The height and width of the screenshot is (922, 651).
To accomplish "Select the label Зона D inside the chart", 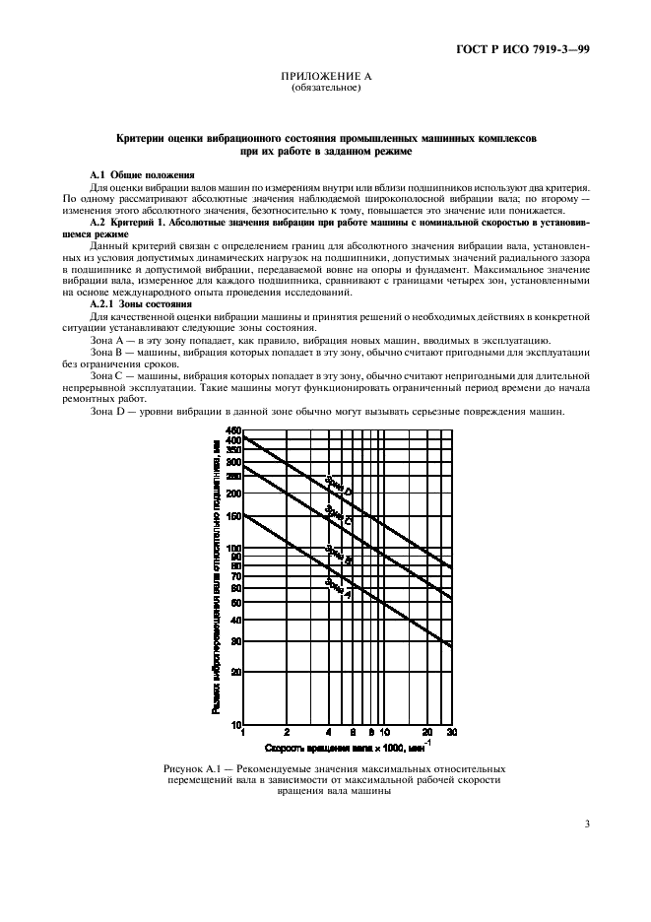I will pos(339,486).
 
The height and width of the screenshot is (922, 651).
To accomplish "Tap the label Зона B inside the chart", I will pos(339,556).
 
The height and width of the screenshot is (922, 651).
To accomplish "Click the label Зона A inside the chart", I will pos(339,587).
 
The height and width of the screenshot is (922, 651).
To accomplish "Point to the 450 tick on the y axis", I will pos(233,431).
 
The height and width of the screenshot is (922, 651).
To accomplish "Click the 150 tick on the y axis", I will pos(233,516).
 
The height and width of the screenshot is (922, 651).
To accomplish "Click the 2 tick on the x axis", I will pos(287,733).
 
